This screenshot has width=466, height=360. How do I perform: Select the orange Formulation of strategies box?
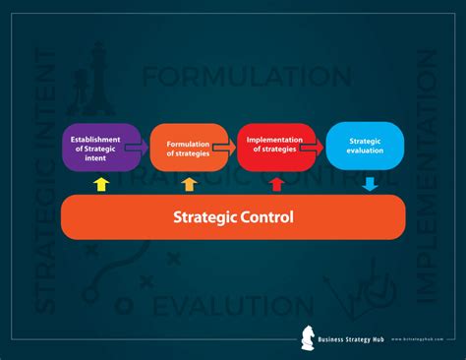(x=187, y=148)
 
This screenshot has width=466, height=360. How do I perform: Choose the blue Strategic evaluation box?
(x=364, y=148)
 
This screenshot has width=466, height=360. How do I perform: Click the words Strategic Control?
(x=233, y=216)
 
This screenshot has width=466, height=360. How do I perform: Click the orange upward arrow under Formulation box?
(x=189, y=184)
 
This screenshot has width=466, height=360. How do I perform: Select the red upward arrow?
(x=276, y=184)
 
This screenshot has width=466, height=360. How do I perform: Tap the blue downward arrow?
(x=370, y=183)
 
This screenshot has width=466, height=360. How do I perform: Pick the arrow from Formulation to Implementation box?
(x=226, y=147)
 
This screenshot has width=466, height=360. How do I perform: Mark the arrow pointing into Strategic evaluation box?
(x=313, y=147)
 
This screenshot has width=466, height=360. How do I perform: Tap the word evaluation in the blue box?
(x=364, y=153)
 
